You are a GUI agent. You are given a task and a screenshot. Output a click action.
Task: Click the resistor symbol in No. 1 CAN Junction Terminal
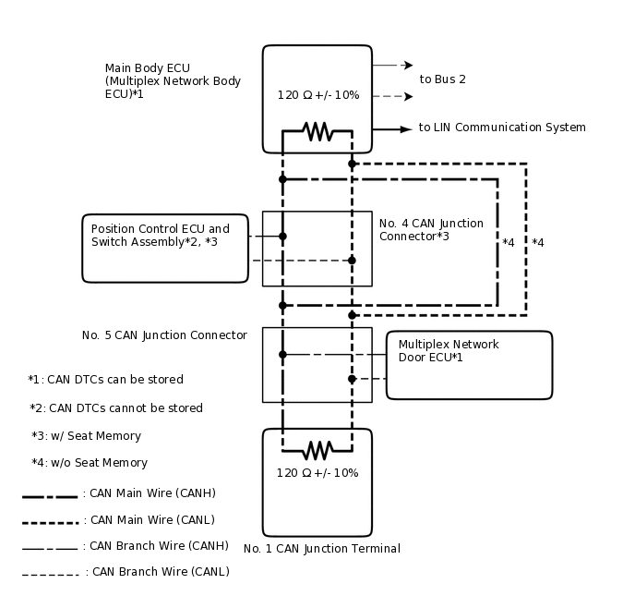317,450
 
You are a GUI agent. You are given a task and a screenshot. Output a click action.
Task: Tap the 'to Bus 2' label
442,79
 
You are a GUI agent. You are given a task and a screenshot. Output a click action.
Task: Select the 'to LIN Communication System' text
501,128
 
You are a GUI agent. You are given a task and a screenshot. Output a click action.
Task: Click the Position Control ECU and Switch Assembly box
165,248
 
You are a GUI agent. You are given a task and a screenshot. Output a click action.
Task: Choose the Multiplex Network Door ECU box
469,365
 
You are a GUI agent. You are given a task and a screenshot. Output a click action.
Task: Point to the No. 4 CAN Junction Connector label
430,230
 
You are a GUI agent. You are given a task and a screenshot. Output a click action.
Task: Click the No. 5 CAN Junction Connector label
164,335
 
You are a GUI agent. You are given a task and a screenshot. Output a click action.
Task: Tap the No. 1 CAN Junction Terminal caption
321,549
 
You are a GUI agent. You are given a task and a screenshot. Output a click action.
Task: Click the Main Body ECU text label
173,81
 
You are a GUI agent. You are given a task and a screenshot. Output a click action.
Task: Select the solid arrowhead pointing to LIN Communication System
405,129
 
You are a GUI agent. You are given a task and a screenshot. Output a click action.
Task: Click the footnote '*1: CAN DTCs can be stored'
105,380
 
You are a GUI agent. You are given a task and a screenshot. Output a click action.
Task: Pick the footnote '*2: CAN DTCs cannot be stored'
116,408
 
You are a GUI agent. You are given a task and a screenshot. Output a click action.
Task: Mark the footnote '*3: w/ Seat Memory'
86,436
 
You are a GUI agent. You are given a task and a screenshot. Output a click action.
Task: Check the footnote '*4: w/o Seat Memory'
89,463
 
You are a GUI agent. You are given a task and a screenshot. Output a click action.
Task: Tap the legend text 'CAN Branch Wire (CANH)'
155,546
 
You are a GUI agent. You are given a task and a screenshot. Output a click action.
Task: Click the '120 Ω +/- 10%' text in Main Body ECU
317,95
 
